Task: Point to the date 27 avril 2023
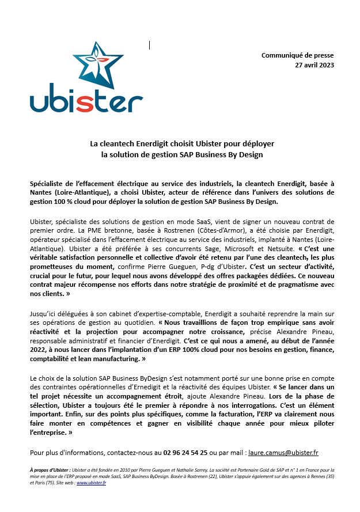point(314,65)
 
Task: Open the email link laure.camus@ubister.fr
point(282,453)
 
